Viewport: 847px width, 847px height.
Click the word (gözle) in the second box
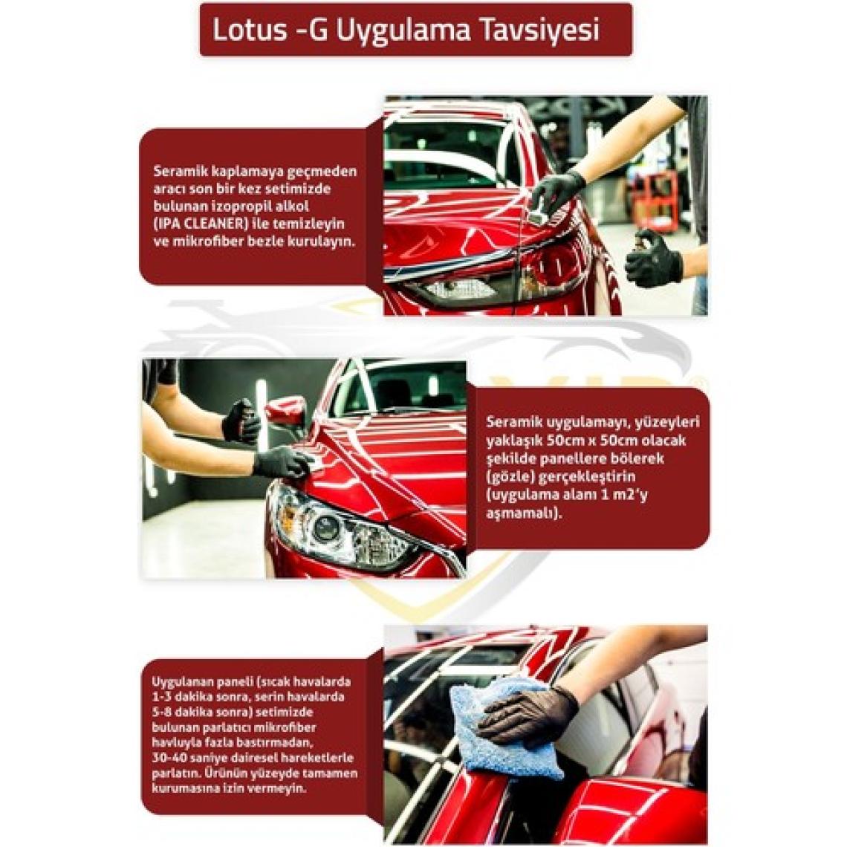[x=507, y=477]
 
